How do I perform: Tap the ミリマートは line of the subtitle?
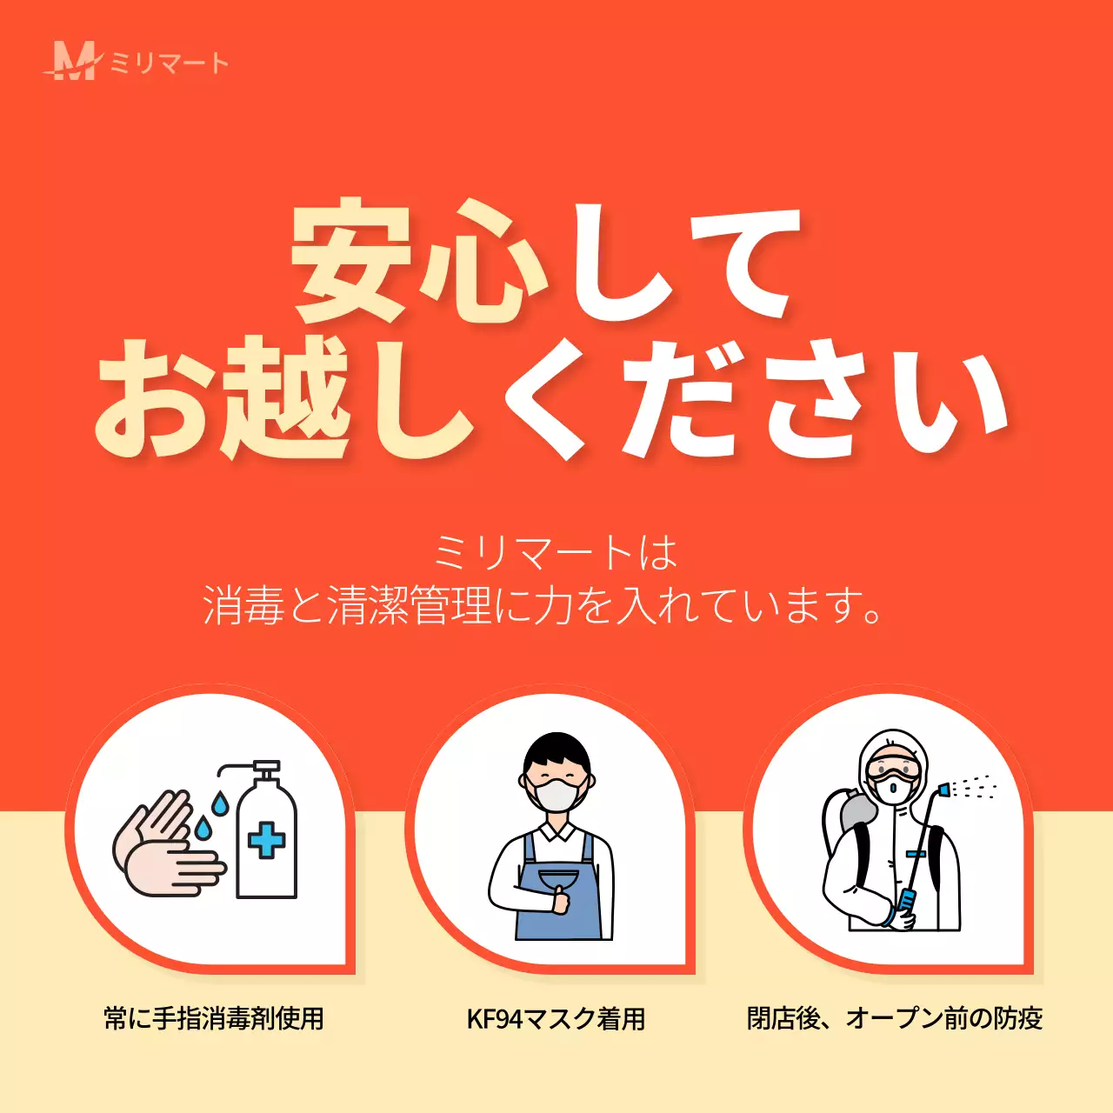555,553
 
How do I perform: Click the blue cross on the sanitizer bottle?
266,841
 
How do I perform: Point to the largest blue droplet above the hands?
220,804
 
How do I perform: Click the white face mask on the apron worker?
557,794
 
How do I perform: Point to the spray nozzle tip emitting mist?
944,790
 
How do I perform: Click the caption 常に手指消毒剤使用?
214,1018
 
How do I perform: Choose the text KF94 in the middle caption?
494,1019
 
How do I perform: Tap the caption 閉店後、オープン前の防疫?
895,1018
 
